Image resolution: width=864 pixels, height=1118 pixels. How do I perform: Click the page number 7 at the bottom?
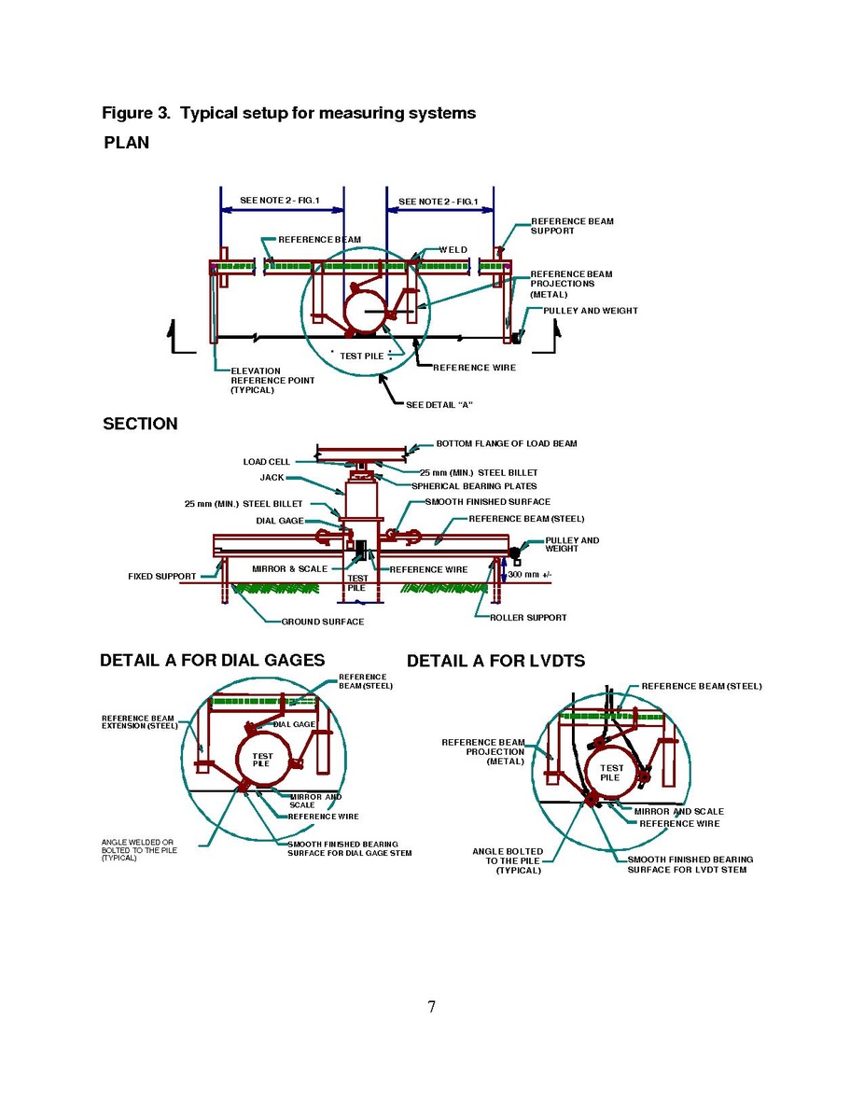pos(431,1006)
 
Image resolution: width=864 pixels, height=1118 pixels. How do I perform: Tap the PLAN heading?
pos(127,143)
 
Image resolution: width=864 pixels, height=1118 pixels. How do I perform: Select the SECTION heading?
pos(141,424)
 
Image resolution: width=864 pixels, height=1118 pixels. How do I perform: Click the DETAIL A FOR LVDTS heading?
pos(496,661)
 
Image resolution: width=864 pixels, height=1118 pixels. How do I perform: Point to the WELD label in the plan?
pos(453,249)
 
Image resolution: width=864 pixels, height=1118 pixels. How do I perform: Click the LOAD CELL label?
pos(267,462)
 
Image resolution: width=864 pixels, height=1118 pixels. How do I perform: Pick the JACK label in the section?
pos(272,478)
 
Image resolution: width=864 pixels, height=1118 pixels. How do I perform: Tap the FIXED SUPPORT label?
pos(161,576)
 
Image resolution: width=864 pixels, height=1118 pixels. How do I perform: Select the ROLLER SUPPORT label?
pos(528,618)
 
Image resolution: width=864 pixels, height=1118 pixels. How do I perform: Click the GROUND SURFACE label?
pos(323,622)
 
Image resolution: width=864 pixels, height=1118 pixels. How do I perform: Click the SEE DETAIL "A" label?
pos(439,405)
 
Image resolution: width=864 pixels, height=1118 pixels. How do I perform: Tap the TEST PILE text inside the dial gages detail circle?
pos(261,760)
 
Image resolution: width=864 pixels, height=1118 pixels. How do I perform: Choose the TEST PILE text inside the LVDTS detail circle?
pos(611,773)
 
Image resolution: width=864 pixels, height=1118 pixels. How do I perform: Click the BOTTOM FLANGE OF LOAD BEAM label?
pos(507,443)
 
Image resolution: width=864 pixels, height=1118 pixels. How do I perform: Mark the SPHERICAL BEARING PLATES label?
pos(474,486)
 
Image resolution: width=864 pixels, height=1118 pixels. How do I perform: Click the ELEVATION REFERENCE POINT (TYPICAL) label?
pos(272,381)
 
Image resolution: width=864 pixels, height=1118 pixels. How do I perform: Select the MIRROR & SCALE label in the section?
pos(289,569)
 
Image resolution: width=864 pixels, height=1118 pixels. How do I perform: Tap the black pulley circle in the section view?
pos(515,552)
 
